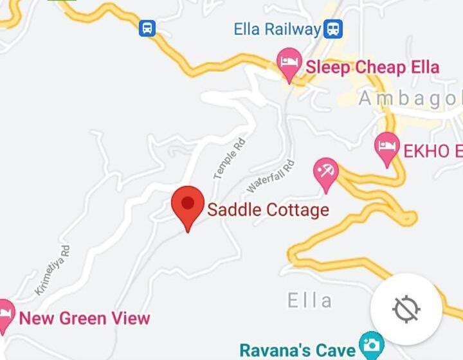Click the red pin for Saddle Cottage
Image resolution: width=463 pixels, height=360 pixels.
click(x=188, y=205)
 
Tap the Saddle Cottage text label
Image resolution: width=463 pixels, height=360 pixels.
click(x=268, y=210)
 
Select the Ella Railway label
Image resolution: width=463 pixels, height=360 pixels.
click(x=277, y=29)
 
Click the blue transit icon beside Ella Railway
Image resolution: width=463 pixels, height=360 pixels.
click(x=332, y=29)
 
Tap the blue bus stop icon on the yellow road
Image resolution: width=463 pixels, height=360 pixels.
click(x=147, y=28)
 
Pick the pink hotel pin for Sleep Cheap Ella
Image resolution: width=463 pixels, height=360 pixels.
click(x=289, y=63)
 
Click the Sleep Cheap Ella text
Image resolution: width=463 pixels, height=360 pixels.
click(x=372, y=67)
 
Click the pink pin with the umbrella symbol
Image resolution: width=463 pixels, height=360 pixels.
click(x=326, y=172)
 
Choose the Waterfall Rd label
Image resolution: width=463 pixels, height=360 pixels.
click(x=271, y=176)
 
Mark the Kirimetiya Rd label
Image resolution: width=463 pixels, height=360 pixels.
click(x=53, y=270)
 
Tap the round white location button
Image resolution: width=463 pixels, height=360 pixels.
click(x=406, y=309)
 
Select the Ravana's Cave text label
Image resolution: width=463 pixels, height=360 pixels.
click(x=298, y=350)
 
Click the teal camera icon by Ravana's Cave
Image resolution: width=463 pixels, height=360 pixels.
click(x=371, y=345)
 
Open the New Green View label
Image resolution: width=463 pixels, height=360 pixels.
click(x=84, y=318)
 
